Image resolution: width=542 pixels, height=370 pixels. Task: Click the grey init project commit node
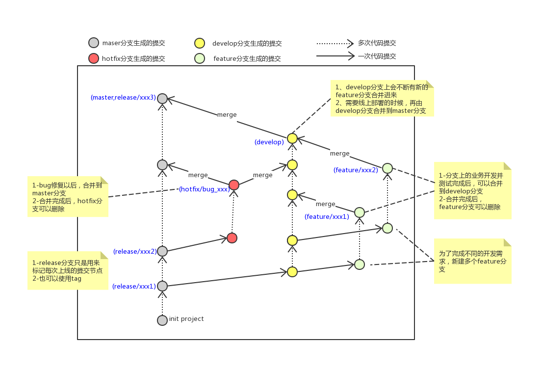tap(162, 320)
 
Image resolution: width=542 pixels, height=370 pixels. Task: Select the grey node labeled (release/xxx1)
tap(162, 286)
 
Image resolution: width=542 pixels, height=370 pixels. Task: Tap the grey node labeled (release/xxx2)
tap(162, 251)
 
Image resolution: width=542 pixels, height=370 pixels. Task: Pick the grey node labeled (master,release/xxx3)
tap(162, 99)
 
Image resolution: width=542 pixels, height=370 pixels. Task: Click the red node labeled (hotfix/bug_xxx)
tap(234, 185)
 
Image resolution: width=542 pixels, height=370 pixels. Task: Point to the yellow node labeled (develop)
tap(292, 138)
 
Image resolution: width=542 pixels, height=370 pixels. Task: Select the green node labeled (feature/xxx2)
tap(387, 168)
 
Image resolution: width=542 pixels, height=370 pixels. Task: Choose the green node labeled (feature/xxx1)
tap(360, 212)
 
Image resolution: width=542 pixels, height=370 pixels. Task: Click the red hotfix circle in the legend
tap(94, 58)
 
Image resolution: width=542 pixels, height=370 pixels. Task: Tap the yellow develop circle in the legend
tap(200, 43)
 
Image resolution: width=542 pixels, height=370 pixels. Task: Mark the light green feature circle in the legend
tap(200, 58)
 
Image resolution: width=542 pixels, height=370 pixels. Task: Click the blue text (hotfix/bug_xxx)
tap(204, 189)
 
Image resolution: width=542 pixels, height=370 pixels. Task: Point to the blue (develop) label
tap(269, 142)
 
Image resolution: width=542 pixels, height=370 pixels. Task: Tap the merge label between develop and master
tap(227, 115)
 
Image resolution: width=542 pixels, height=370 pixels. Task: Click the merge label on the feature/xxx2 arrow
tap(340, 154)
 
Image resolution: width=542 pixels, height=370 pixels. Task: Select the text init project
tap(186, 319)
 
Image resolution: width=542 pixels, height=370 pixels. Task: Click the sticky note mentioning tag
tap(68, 270)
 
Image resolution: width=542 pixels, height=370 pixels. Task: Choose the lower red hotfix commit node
tap(232, 238)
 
